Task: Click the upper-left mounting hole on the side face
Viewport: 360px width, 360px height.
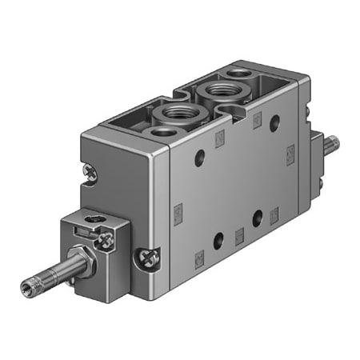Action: (199, 159)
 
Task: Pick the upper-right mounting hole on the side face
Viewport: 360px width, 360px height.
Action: (274, 122)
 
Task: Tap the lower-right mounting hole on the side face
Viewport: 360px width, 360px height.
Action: (258, 216)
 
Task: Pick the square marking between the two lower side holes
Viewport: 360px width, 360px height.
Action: (238, 234)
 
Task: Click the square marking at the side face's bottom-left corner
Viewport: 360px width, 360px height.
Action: (199, 258)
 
